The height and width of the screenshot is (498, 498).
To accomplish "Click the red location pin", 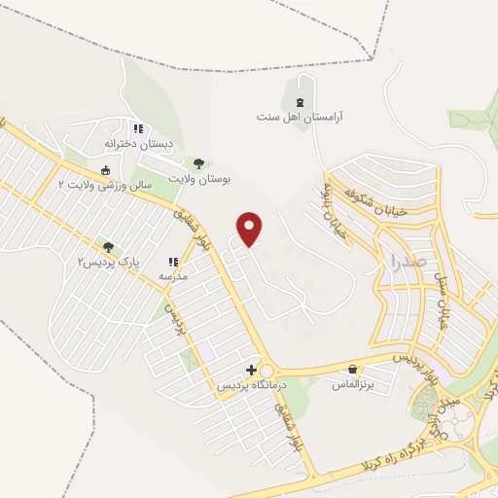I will point(250,229).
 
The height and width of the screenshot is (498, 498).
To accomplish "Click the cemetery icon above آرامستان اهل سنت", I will point(300,99).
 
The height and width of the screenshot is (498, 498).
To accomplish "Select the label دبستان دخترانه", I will point(139,144).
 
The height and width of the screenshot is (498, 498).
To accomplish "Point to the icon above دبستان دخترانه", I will point(138,127).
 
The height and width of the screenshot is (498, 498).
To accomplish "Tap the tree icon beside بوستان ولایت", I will point(198,164).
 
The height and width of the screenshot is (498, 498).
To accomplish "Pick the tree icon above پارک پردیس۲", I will point(107,247).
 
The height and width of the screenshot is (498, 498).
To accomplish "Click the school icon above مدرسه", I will point(173,262).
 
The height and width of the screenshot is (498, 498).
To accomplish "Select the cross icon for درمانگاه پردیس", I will point(252,370).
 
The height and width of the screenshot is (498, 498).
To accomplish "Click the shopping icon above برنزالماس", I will point(352,370).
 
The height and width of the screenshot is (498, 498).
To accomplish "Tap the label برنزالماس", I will point(353,386).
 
